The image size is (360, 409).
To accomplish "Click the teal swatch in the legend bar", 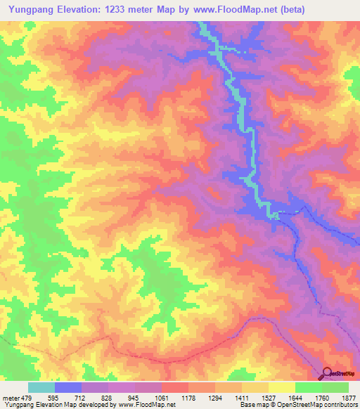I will [x=41, y=387].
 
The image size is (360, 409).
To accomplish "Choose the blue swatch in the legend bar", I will [x=68, y=387].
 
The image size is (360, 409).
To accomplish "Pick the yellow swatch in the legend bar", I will [x=282, y=387].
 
